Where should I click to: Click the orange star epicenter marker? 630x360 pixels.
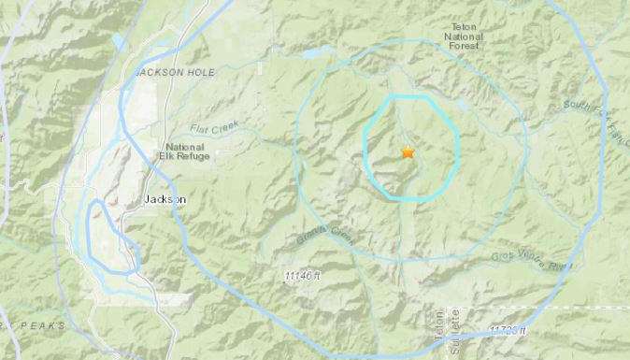408,151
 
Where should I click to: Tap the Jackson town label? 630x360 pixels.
166,200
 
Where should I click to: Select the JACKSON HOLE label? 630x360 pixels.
165,72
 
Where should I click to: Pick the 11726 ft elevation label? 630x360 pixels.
508,331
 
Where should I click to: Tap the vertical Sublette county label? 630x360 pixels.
454,332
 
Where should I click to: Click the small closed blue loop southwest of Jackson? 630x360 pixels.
108,238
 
